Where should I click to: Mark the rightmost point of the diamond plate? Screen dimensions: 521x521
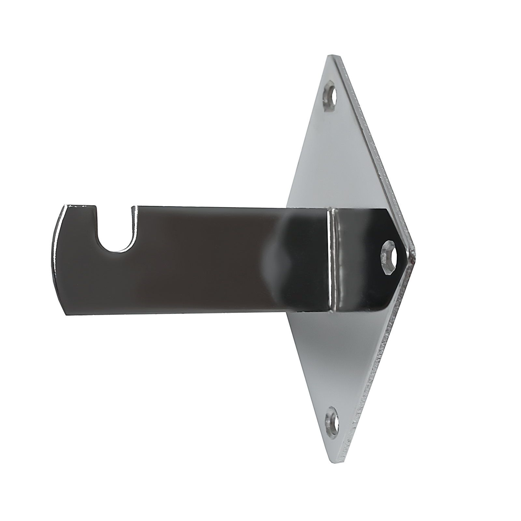[415, 254]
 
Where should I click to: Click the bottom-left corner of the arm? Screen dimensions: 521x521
[67, 314]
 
